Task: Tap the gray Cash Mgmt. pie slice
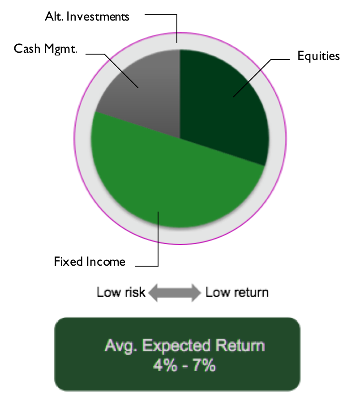click(143, 98)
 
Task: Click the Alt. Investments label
click(87, 17)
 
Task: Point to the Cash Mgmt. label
click(45, 49)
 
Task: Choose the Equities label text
click(319, 56)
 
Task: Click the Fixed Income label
click(90, 262)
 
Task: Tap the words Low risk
click(121, 293)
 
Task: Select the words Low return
click(237, 293)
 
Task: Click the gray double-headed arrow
click(175, 293)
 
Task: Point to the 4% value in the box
click(165, 365)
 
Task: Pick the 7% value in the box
click(204, 365)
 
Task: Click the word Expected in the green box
click(176, 346)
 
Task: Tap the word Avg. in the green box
click(121, 346)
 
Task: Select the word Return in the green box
click(240, 345)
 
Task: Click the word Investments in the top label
click(98, 17)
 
